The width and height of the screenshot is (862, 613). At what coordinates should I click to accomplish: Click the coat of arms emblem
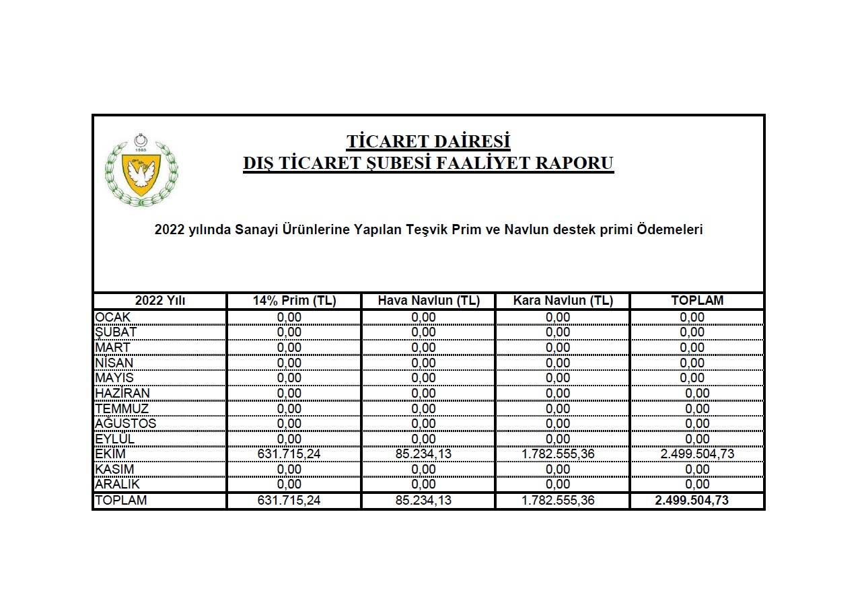[x=141, y=170]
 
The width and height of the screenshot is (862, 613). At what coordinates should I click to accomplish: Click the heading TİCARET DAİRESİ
[x=428, y=142]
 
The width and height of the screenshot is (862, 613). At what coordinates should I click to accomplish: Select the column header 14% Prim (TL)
[x=294, y=301]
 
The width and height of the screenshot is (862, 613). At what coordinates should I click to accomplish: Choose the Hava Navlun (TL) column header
[x=428, y=301]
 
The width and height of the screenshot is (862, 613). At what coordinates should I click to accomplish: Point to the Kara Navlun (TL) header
[x=563, y=301]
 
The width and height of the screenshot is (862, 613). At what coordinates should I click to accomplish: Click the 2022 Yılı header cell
[x=160, y=301]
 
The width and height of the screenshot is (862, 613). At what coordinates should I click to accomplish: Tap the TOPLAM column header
[x=697, y=301]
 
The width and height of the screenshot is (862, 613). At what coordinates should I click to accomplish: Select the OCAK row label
[x=113, y=318]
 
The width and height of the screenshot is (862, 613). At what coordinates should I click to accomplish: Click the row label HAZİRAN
[x=122, y=393]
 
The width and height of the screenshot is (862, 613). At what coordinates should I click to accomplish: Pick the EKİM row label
[x=110, y=454]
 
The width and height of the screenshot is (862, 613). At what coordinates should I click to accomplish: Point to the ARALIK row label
[x=117, y=484]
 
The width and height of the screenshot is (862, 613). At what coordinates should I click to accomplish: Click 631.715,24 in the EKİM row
[x=289, y=454]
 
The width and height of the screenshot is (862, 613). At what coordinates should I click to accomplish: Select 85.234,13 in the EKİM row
[x=423, y=454]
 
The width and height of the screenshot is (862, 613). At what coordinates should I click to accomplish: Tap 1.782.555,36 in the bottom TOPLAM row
[x=558, y=501]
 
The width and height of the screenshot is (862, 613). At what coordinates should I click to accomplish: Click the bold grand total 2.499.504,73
[x=692, y=501]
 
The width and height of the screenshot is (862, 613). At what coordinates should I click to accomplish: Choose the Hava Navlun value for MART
[x=423, y=348]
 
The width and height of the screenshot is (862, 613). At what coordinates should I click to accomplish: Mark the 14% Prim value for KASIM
[x=289, y=469]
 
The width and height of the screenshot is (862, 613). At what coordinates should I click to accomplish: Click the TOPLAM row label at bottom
[x=121, y=501]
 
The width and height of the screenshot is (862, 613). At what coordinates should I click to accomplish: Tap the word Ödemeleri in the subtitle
[x=670, y=229]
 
